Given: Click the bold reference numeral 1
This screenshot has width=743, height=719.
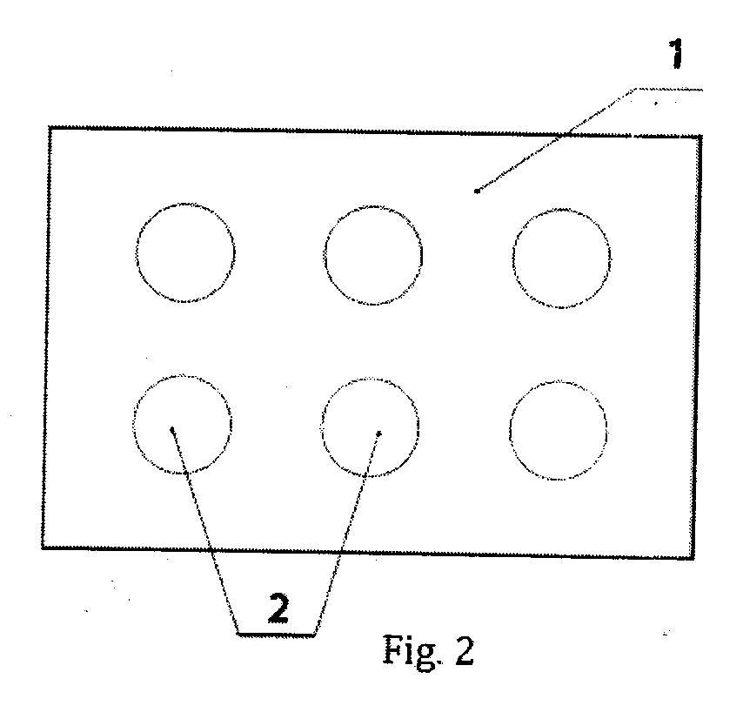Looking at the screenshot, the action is tap(676, 53).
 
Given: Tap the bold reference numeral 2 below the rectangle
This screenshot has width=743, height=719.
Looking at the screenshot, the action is tap(278, 608).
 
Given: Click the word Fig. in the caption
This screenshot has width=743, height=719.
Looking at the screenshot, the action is tap(412, 651).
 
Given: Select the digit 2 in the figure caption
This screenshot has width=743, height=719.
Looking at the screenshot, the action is tap(464, 651).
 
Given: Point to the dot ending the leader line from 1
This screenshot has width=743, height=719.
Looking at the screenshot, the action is tap(477, 191).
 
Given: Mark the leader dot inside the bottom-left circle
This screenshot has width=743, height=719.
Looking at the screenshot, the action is tap(172, 430).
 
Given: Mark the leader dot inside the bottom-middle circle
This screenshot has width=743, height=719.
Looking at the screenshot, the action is tap(378, 433).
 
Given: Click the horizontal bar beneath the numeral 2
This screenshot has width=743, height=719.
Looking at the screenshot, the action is tap(276, 634).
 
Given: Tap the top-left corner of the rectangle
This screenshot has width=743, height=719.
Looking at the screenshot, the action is tap(50, 127).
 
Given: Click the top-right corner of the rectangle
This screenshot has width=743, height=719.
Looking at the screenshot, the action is tap(701, 137).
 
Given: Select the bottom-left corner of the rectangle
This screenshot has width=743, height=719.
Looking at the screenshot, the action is tap(43, 548).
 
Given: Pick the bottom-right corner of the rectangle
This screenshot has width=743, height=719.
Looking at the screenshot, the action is tap(693, 558).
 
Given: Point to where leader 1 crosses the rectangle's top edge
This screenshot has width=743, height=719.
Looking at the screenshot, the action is tap(562, 134).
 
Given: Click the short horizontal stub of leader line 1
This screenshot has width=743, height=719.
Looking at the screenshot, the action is tap(668, 89).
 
